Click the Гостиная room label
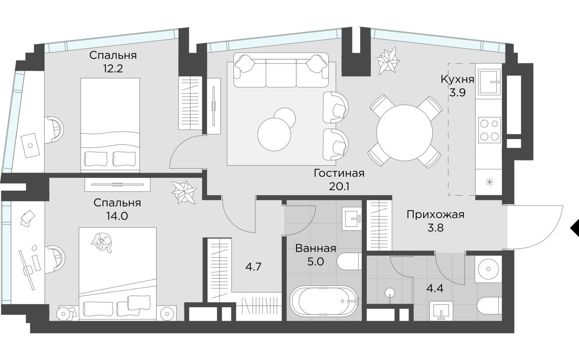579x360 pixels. pyautogui.click(x=339, y=173)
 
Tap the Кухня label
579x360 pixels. pyautogui.click(x=457, y=79)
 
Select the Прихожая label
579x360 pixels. pyautogui.click(x=435, y=214)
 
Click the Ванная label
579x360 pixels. pyautogui.click(x=315, y=248)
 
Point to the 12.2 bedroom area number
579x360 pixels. pyautogui.click(x=113, y=68)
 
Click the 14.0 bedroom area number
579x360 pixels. pyautogui.click(x=117, y=216)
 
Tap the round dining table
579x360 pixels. pyautogui.click(x=404, y=131)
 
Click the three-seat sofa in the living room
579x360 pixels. pyautogui.click(x=281, y=70)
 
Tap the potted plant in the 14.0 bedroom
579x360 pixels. pyautogui.click(x=184, y=191)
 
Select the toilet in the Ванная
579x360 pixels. pyautogui.click(x=349, y=261)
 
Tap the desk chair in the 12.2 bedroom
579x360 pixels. pyautogui.click(x=54, y=129)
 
